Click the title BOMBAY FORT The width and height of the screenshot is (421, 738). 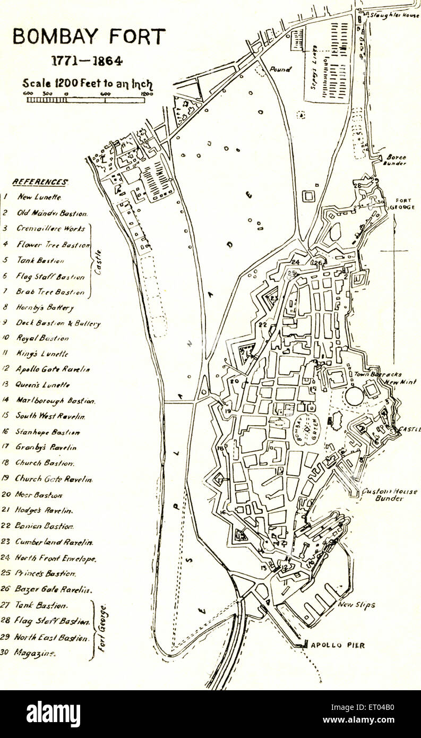pos(89,37)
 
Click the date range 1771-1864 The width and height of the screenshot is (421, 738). pos(87,61)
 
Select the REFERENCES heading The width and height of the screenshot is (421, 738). pos(40,182)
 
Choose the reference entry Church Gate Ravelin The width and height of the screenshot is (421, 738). pos(54,478)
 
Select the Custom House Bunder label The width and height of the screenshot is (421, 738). pos(389,495)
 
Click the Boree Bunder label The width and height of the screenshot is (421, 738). pos(396,160)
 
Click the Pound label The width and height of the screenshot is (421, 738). pos(280,69)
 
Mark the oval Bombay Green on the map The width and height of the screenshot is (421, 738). pos(302,430)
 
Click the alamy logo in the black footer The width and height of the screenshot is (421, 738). pos(53,714)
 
